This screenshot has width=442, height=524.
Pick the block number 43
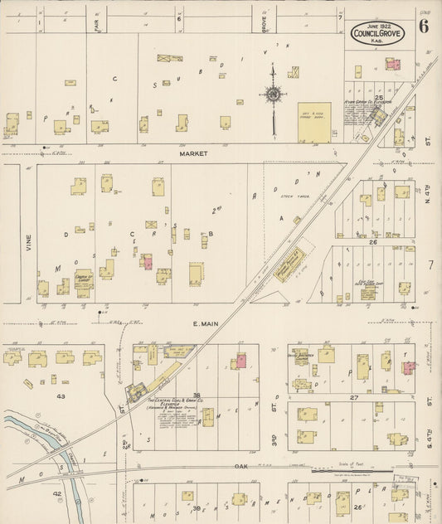click(61, 396)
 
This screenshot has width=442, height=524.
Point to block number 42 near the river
click(57, 493)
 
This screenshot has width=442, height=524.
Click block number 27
click(353, 397)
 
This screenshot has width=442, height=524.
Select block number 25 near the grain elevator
click(378, 98)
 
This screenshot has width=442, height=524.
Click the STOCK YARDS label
click(288, 196)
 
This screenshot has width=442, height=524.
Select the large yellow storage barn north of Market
click(314, 121)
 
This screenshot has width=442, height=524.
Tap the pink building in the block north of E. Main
click(147, 262)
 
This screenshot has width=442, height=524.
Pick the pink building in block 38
click(241, 361)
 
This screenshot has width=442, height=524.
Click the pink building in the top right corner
click(392, 64)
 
